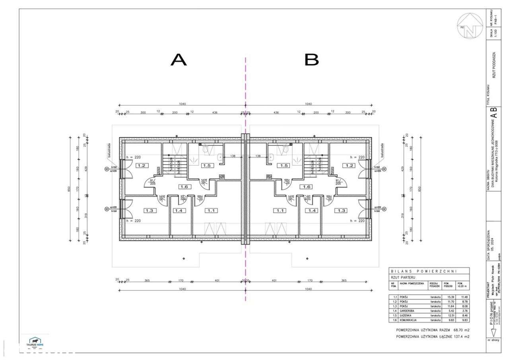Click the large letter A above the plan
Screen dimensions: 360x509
179,60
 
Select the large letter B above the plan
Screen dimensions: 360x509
312,60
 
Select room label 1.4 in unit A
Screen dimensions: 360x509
179,211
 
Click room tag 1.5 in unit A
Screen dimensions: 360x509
206,165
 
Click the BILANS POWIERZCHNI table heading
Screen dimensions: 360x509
424,270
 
